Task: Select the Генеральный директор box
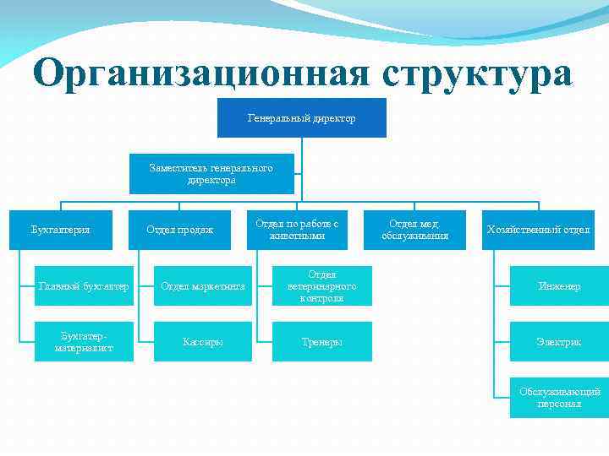(302, 118)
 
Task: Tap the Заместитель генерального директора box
(211, 174)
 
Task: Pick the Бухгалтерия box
(61, 230)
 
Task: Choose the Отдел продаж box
(179, 230)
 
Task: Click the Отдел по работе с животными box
(297, 230)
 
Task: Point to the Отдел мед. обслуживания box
(414, 230)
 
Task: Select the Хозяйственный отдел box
(538, 230)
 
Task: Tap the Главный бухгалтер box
(84, 286)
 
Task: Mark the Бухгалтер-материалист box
(84, 342)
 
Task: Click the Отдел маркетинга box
(203, 286)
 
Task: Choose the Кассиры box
(203, 342)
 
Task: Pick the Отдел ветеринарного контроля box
(322, 286)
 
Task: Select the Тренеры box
(322, 342)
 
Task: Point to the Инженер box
(559, 286)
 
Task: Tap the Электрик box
(559, 342)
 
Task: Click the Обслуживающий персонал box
(559, 398)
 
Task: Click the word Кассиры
(203, 342)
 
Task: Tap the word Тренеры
(322, 342)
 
